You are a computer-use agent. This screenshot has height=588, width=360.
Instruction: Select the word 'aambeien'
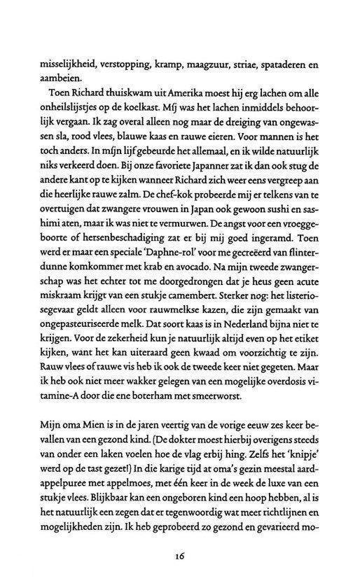pyautogui.click(x=41, y=80)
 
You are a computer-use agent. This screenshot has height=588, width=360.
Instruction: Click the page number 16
pyautogui.click(x=179, y=576)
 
